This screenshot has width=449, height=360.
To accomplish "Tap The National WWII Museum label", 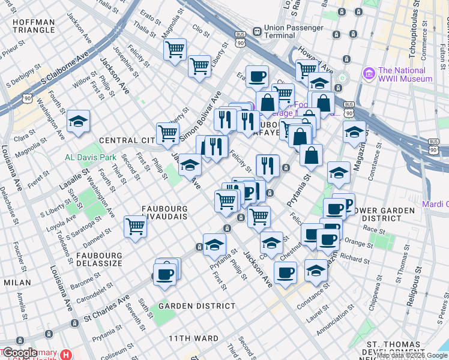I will point(405,74).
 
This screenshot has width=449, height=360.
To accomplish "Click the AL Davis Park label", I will point(90,158).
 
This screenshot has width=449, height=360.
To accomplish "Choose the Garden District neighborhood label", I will point(197,306).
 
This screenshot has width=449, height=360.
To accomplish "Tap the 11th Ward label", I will point(193,338).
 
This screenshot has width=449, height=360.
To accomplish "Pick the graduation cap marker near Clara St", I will point(78,122).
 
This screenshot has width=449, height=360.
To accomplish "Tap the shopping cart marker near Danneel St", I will point(136,227).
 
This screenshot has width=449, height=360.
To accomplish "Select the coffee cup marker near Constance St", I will point(285,272).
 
